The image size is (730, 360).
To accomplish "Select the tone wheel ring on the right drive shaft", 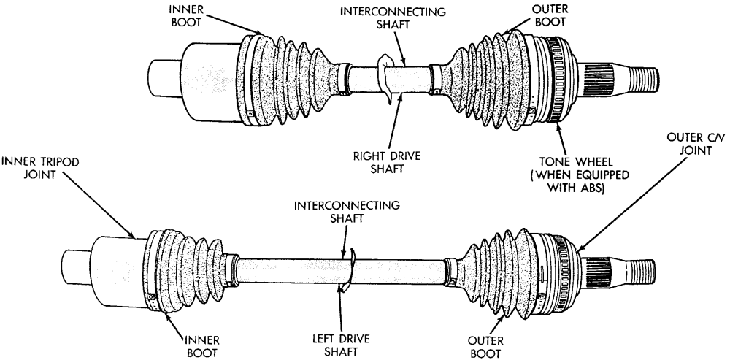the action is click(x=555, y=78).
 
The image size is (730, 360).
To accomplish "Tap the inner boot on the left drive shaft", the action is click(x=186, y=272).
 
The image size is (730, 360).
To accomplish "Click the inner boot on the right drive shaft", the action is click(x=284, y=79).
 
